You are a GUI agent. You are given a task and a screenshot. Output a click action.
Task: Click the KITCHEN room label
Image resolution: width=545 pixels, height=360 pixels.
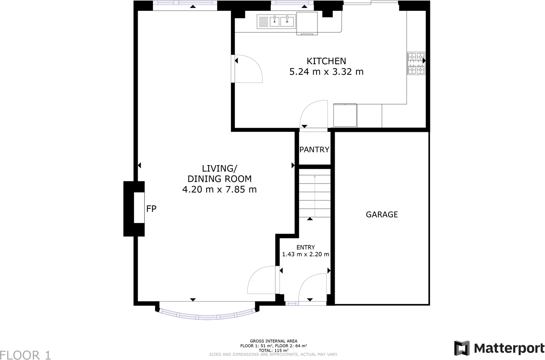pos(326,61)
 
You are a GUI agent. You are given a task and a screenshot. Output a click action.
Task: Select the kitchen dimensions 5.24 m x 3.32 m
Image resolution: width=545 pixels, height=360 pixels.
pos(326,72)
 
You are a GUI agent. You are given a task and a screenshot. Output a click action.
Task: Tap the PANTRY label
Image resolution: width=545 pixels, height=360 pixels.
pos(314,150)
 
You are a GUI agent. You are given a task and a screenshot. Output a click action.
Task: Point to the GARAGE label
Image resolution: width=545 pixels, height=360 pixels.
pos(382,215)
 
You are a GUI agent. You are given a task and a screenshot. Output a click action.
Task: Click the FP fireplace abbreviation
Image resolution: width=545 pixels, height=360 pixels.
pos(151,208)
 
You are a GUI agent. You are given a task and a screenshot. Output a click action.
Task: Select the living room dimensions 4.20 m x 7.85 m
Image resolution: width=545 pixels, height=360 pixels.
pos(219,189)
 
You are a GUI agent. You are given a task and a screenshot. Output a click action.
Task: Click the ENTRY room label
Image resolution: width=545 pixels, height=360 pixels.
pos(305,247)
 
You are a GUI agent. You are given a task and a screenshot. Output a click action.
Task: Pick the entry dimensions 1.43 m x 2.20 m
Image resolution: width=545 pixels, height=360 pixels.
pos(305,254)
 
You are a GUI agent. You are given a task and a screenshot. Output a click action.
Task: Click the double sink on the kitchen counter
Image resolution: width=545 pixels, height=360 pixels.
pos(281,21)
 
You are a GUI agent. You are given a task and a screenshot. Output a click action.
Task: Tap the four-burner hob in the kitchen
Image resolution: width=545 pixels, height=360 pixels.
pos(416,63)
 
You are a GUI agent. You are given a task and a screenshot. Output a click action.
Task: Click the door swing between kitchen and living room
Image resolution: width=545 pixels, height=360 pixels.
pos(248,69)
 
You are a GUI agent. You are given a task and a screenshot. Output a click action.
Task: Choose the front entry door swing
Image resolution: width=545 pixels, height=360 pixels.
pos(313,288)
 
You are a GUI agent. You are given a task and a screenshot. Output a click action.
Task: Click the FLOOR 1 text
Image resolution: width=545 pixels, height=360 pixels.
pos(26,355)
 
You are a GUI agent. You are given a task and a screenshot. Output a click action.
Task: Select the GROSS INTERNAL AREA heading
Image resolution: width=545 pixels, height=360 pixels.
pos(273,341)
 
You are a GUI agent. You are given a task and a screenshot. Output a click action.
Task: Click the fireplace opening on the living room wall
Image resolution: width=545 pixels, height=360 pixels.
pos(139,208)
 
